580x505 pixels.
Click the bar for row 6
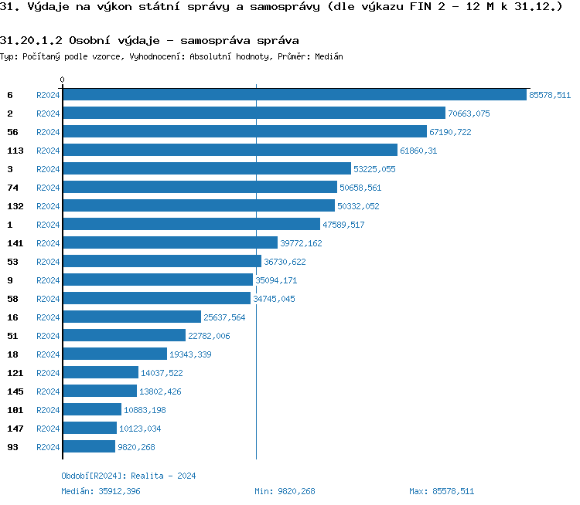pos(294,95)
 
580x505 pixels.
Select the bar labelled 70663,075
pos(254,114)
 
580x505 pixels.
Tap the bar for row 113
pos(230,151)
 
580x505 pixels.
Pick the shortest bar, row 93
pos(89,447)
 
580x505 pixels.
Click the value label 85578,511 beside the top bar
pos(549,95)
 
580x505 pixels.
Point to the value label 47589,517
pos(343,225)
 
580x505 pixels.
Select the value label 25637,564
pos(224,317)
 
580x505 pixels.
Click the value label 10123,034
pos(140,429)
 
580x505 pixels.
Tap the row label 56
pos(12,132)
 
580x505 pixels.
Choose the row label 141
pos(15,243)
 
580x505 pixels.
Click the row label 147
pos(15,429)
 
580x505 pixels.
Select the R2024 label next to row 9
pos(48,280)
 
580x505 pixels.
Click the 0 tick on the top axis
pos(63,80)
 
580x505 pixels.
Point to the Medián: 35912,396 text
pos(101,491)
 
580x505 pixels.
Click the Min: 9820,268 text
pos(285,491)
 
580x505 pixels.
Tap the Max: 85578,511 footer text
pos(441,491)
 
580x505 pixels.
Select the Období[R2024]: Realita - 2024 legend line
pos(128,476)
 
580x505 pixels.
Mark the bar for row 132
pos(199,206)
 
